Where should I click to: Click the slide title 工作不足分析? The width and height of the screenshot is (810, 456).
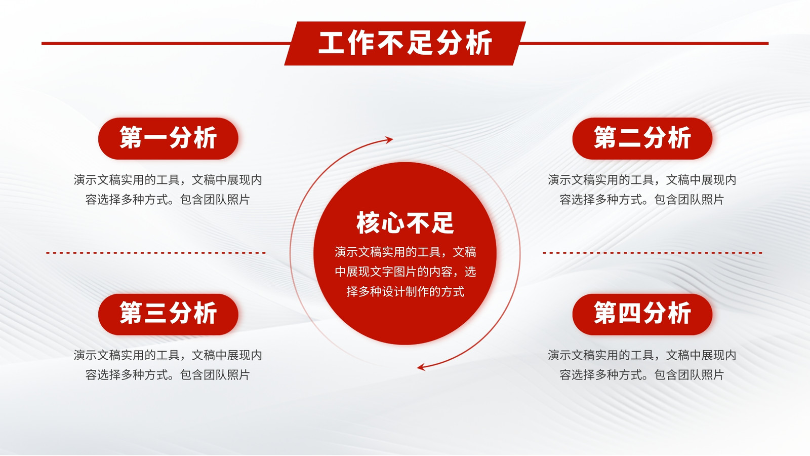pyautogui.click(x=405, y=43)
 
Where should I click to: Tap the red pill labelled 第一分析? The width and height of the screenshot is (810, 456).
pyautogui.click(x=168, y=138)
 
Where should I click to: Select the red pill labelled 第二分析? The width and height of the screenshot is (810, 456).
pyautogui.click(x=642, y=138)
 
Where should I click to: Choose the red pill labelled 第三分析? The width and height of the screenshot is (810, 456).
pyautogui.click(x=168, y=314)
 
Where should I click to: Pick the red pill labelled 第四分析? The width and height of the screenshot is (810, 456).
pyautogui.click(x=642, y=314)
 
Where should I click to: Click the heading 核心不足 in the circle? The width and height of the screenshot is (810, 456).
pyautogui.click(x=405, y=222)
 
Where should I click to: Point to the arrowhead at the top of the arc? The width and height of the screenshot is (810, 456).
pyautogui.click(x=389, y=140)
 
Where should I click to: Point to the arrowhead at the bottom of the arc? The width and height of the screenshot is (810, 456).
pyautogui.click(x=421, y=367)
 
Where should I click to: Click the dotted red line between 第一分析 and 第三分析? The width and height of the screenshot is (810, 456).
pyautogui.click(x=156, y=253)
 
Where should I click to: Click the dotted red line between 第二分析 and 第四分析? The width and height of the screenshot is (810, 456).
pyautogui.click(x=653, y=253)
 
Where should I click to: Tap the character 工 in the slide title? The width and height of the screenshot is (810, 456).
pyautogui.click(x=332, y=43)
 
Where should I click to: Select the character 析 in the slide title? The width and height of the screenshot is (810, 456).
pyautogui.click(x=479, y=43)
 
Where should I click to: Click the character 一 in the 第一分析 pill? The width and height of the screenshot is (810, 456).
pyautogui.click(x=156, y=138)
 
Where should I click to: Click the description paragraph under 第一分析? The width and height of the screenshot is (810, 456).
pyautogui.click(x=168, y=189)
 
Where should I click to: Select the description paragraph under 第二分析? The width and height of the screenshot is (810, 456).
pyautogui.click(x=642, y=189)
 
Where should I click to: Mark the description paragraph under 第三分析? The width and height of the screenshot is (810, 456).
pyautogui.click(x=168, y=365)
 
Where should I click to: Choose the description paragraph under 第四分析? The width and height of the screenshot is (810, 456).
pyautogui.click(x=642, y=365)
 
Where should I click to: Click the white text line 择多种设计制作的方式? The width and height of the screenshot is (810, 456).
pyautogui.click(x=405, y=291)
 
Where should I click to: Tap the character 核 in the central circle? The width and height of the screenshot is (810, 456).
pyautogui.click(x=368, y=222)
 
